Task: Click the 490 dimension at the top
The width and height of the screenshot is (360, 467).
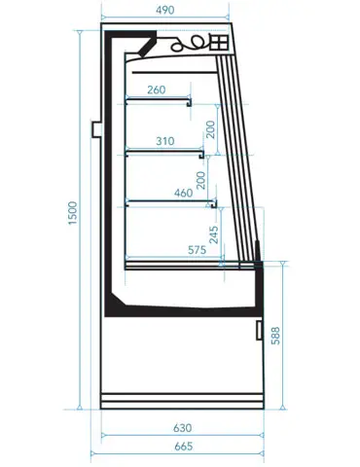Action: [165, 10]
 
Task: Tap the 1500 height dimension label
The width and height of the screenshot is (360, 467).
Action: [73, 213]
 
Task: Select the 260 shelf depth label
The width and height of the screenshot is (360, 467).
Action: [157, 90]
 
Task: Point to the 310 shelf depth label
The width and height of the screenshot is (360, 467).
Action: [165, 141]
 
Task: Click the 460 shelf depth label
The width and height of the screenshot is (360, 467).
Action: [184, 193]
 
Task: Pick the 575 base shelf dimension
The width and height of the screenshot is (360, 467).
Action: [197, 250]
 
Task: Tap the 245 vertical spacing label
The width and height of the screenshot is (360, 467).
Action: [214, 234]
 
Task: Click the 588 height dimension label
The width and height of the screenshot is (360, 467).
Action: [275, 336]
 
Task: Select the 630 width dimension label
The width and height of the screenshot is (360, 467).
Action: [182, 428]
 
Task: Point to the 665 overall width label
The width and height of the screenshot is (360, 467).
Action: [184, 447]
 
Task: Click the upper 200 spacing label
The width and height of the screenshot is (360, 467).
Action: [210, 129]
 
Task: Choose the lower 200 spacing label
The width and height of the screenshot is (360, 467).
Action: [201, 180]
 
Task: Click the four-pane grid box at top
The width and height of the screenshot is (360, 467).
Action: [219, 42]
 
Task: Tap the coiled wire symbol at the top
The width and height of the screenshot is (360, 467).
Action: [189, 44]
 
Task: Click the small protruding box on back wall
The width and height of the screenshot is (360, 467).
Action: [95, 129]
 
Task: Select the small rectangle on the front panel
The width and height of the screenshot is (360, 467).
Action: [259, 330]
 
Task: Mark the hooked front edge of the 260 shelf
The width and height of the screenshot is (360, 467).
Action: [189, 102]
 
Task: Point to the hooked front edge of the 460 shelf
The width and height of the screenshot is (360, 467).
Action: [214, 204]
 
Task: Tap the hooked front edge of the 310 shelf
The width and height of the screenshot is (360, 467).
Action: [201, 154]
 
